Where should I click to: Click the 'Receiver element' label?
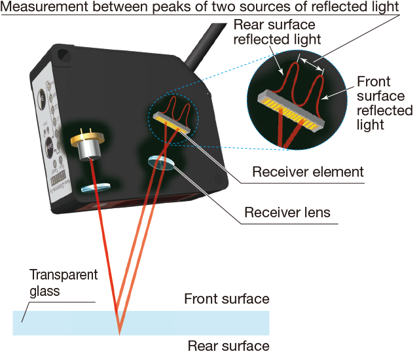coord(308,171)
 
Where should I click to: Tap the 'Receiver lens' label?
coord(287,213)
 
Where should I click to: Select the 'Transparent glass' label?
coord(64,283)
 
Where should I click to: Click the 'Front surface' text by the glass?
coord(227,298)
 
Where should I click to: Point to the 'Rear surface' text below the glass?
coord(228,346)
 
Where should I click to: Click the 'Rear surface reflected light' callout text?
coord(277,32)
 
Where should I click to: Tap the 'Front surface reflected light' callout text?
coord(384,103)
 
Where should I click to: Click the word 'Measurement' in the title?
coord(44,7)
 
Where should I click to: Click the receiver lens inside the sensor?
coord(162,163)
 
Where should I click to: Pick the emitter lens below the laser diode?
coord(96,187)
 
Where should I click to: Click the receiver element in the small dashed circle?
coord(172,122)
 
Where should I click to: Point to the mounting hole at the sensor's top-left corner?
coord(64,55)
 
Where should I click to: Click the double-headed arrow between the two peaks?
coord(312,65)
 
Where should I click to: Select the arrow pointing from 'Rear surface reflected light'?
coord(276,60)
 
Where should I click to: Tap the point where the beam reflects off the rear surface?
coord(119,334)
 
